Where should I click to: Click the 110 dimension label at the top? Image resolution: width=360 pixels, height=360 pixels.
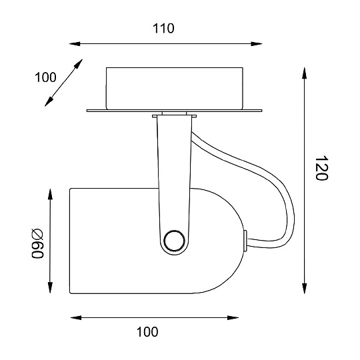(163, 29)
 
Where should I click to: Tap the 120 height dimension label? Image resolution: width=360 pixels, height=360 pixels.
(321, 168)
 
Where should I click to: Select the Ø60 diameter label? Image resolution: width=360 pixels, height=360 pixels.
(37, 243)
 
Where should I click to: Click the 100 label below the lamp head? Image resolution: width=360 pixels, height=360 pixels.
(147, 332)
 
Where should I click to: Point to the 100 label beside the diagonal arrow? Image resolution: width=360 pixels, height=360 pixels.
(45, 77)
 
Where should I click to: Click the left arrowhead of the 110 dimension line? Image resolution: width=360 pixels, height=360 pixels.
(75, 43)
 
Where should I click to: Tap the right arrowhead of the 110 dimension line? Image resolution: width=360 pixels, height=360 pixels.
(257, 43)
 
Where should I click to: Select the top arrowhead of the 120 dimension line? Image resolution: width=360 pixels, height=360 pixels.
(305, 73)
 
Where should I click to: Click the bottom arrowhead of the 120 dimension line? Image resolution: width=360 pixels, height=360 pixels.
(305, 289)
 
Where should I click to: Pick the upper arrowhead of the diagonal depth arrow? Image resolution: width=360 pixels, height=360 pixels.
(78, 63)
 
